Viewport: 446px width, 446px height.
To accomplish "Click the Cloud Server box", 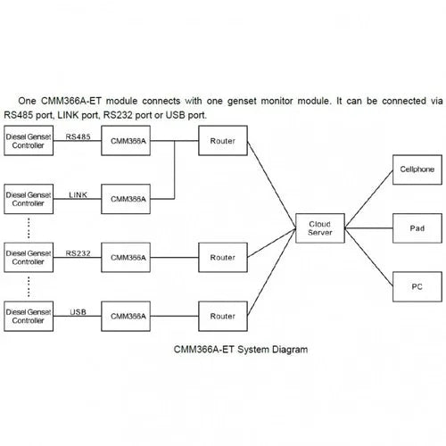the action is click(320, 228).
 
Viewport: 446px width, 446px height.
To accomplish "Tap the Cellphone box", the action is click(417, 169).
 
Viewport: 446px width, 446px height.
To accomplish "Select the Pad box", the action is click(417, 228).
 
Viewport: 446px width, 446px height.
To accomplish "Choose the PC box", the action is click(417, 286).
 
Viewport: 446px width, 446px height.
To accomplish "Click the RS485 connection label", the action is click(78, 136).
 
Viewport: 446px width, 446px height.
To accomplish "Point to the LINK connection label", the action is click(78, 195).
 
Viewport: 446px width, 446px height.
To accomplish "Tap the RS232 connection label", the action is click(78, 253).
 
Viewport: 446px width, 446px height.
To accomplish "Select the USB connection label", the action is click(78, 312).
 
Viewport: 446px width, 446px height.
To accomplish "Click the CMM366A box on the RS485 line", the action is click(126, 140).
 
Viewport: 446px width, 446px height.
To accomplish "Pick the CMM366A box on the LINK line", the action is click(126, 199).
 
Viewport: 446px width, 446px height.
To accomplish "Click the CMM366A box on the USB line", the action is click(126, 316).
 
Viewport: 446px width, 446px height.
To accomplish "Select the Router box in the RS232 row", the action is click(223, 258).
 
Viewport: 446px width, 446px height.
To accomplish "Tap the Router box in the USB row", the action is click(223, 316).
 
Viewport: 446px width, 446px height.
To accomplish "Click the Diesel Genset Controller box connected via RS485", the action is click(29, 140).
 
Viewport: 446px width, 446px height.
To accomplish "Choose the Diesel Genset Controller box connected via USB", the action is click(29, 316).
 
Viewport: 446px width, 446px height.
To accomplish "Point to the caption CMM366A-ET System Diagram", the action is click(241, 350).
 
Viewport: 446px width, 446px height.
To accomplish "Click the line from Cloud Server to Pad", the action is click(368, 228).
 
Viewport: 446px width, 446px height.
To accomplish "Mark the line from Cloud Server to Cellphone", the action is click(368, 199).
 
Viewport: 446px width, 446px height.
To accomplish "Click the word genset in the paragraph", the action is click(242, 101).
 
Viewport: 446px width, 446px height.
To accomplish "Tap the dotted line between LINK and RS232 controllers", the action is click(29, 228).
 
